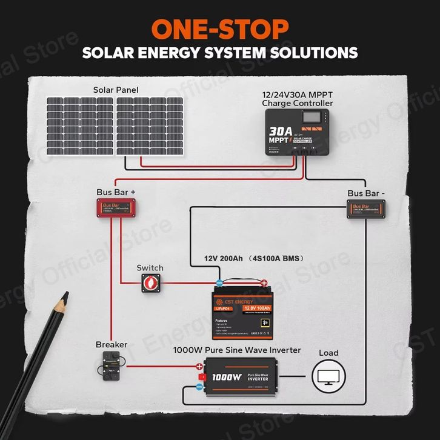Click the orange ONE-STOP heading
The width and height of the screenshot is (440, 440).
[x=219, y=28]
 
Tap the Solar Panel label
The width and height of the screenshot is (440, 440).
[x=115, y=90]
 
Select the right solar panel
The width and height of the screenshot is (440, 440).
[x=150, y=126]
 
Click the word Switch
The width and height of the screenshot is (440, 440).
[x=150, y=268]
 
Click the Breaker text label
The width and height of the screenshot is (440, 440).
[x=112, y=344]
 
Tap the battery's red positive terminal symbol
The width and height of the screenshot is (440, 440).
[x=264, y=282]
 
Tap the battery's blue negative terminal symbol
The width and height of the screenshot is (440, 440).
[x=219, y=282]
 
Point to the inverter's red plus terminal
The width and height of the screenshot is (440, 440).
[x=199, y=367]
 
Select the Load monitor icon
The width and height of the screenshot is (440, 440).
[x=328, y=376]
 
